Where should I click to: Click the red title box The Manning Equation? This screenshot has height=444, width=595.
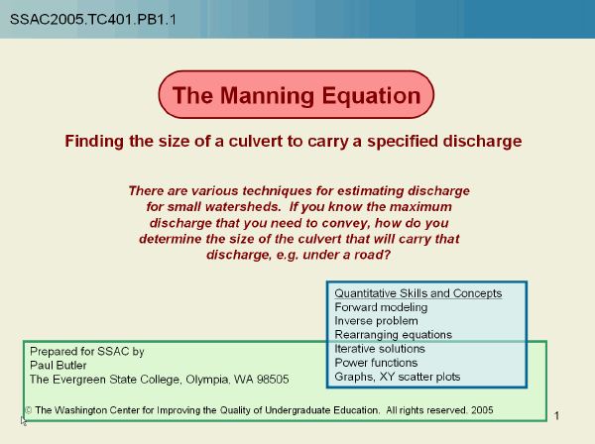tap(297, 96)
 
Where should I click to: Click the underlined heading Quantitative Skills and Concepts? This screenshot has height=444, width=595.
tap(417, 293)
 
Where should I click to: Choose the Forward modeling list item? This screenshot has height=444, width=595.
tap(381, 307)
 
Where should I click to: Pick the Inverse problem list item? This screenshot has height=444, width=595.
tap(376, 321)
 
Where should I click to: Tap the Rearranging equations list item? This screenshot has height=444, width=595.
tap(393, 335)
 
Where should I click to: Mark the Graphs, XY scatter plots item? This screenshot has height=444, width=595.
tap(397, 377)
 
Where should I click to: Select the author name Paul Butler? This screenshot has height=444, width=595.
tap(58, 365)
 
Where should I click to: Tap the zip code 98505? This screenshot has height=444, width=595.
tap(272, 379)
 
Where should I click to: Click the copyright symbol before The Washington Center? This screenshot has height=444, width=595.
tap(29, 409)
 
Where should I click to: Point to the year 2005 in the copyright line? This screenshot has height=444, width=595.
tap(481, 409)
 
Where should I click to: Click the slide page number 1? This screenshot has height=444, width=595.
tap(557, 414)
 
